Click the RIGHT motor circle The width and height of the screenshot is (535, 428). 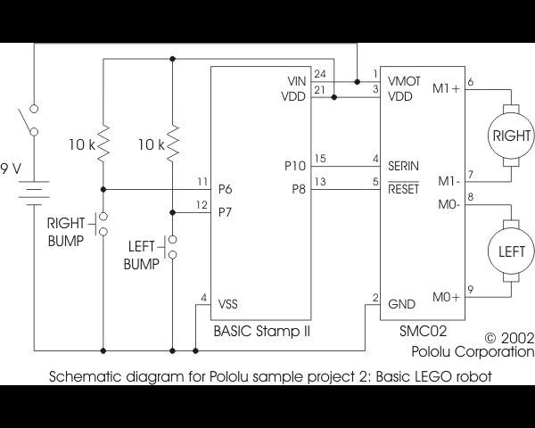coord(511,136)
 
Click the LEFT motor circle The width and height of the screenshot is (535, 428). coord(511,251)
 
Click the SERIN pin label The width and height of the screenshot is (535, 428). coord(403,166)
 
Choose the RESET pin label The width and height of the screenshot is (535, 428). coord(403,188)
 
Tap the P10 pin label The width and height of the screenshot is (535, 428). coord(294,166)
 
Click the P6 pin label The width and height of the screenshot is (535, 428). coord(226,189)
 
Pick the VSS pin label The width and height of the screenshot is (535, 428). coord(228,303)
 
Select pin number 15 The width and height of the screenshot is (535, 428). coord(320,159)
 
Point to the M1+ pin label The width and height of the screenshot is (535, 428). coord(446,87)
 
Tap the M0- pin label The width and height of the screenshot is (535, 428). coord(448,204)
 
